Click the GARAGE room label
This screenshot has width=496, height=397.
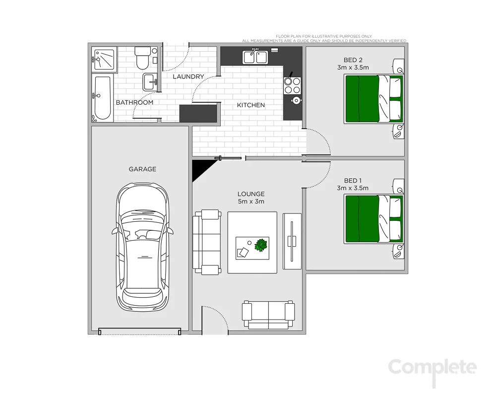coord(142,169)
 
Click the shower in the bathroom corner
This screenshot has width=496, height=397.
coord(104,60)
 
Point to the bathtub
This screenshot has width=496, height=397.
coord(103,98)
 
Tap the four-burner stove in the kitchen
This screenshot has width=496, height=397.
coord(292,85)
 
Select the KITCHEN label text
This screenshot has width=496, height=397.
coord(250,105)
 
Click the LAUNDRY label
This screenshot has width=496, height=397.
coord(188,76)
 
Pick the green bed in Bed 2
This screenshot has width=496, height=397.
coord(373,98)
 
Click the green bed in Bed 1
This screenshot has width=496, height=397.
coord(373,219)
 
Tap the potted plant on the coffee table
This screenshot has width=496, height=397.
coord(261,245)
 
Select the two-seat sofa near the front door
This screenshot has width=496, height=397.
coord(268,314)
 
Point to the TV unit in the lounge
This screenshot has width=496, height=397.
coord(292,241)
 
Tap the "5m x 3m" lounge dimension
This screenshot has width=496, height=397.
coord(251,201)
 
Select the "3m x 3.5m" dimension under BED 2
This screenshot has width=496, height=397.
coord(353,67)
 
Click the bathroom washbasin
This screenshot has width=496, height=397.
coord(150,81)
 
